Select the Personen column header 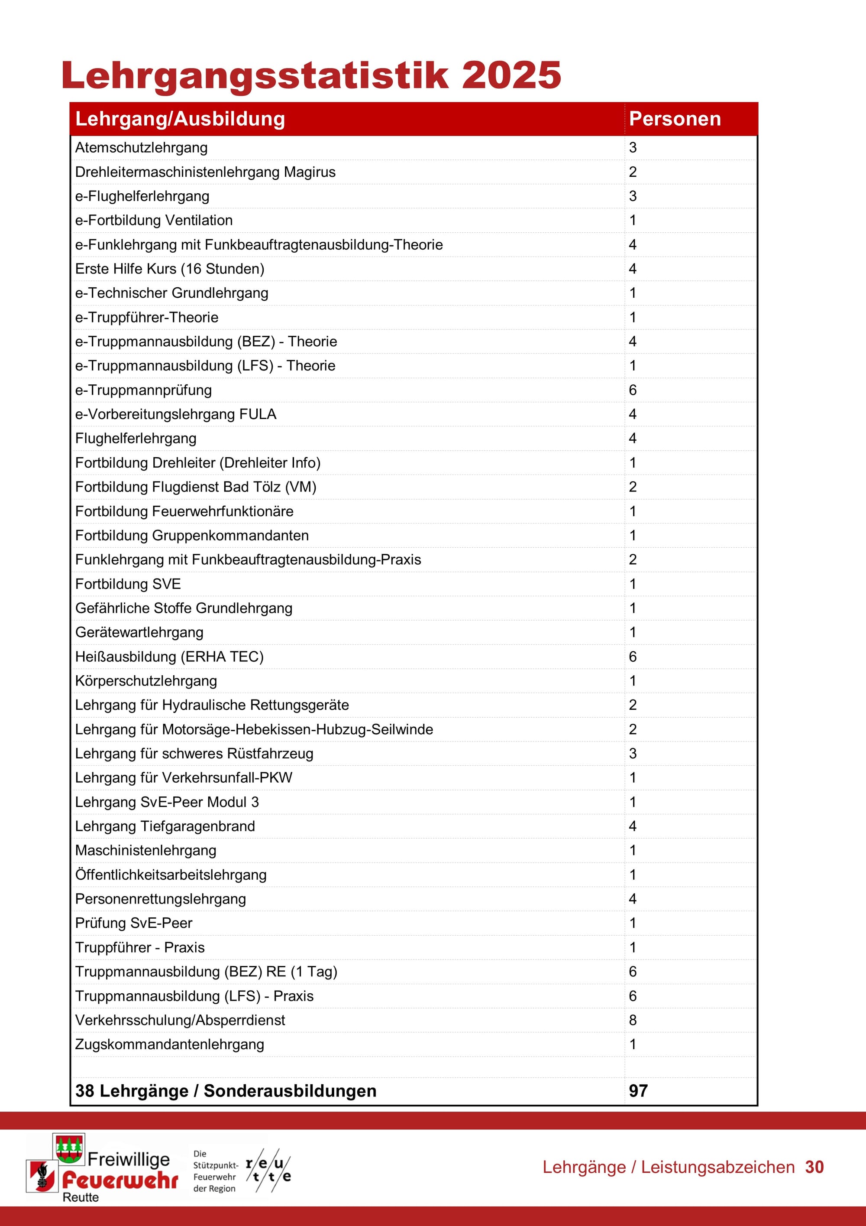pyautogui.click(x=675, y=119)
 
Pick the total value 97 pyautogui.click(x=638, y=1090)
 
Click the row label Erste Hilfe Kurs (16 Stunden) pyautogui.click(x=169, y=269)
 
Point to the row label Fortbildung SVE pyautogui.click(x=128, y=584)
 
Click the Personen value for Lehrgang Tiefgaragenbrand pyautogui.click(x=632, y=826)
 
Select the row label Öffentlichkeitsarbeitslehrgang pyautogui.click(x=170, y=875)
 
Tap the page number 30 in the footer pyautogui.click(x=814, y=1167)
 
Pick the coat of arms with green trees pyautogui.click(x=69, y=1148)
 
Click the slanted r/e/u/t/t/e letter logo pyautogui.click(x=268, y=1171)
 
